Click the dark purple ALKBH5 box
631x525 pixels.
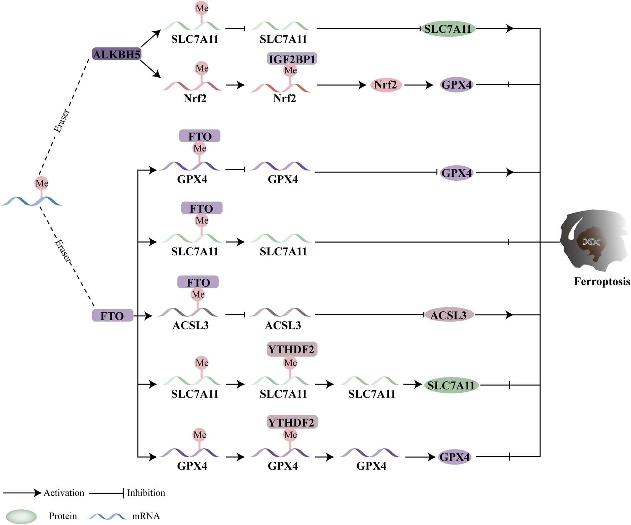pos(117,54)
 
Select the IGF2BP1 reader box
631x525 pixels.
pos(292,58)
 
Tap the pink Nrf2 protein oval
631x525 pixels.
pos(386,85)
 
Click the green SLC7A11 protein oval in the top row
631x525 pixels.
pos(448,29)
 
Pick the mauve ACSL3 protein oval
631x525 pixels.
pos(449,315)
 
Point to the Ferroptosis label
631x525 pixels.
pos(602,281)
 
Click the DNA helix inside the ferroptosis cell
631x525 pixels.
pos(591,242)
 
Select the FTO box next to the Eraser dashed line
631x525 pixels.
pos(113,316)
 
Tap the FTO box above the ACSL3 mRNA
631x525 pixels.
pos(198,282)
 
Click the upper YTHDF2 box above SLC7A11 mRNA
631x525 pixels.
pos(292,349)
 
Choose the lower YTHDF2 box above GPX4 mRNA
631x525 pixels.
pos(292,422)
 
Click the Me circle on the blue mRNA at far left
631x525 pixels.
pos(42,183)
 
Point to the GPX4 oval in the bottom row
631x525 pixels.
pos(455,457)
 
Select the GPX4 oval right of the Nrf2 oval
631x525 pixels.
pos(457,85)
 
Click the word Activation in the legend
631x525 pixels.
pos(64,493)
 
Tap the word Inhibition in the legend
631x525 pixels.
pos(146,493)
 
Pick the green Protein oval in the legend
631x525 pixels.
pos(21,516)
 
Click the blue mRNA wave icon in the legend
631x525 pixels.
pos(107,516)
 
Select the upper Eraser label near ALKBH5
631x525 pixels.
pos(61,121)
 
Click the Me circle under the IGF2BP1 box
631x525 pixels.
pos(290,71)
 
